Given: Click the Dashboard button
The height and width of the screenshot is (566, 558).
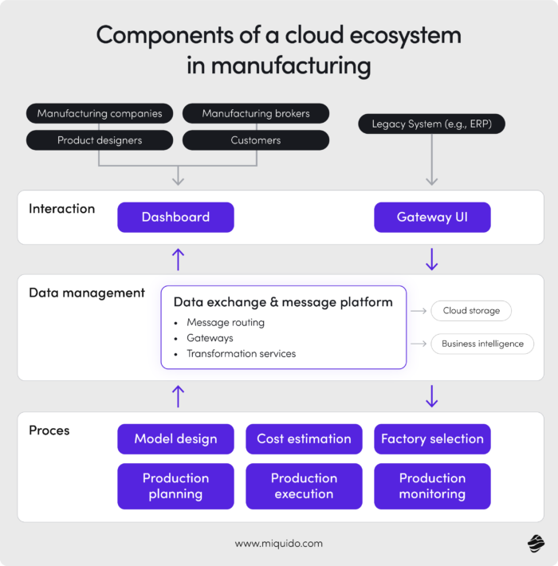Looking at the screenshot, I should coord(175,217).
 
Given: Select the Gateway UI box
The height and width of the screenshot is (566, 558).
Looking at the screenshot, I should coord(432,217).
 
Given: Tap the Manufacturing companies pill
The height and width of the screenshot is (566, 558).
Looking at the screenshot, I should coord(99,113).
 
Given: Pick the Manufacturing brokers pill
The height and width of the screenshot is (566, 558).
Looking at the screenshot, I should coord(256,113).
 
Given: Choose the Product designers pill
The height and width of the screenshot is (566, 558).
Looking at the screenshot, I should coord(99,140).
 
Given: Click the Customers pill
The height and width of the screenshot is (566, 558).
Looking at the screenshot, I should coord(256,140).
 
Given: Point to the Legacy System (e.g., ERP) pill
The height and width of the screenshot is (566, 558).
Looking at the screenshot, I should coord(431,124).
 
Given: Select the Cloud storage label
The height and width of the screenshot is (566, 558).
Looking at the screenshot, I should coord(471,311).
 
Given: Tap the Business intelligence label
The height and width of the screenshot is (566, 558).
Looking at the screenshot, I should coord(482,344).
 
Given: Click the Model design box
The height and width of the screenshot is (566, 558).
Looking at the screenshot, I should coord(175,439).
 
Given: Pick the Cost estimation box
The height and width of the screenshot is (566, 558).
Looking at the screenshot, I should coord(304,439).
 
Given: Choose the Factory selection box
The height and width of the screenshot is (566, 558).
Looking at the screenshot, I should coord(432,439).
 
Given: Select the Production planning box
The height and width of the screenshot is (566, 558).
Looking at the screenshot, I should coord(175,486).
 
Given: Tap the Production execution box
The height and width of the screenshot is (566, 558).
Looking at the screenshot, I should coord(304,486).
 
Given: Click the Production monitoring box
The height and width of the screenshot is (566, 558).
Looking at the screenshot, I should coord(432,486).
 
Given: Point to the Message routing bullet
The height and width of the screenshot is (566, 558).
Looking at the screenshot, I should coord(225,323).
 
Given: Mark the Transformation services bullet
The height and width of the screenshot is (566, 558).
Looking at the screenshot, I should coord(241,353).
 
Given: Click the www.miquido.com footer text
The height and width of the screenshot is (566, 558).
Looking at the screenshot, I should coord(279,544).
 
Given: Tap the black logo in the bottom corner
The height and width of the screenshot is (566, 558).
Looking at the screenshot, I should coord(536,544).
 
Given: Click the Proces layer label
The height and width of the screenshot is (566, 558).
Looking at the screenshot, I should coord(49,430).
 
